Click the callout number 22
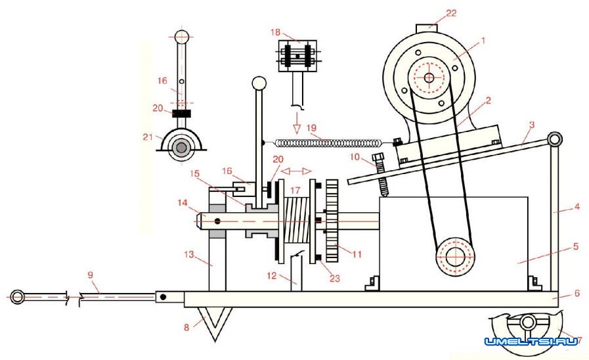[x=451, y=13]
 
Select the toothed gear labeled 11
[x=332, y=221]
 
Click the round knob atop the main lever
[x=259, y=83]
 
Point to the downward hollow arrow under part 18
[x=297, y=124]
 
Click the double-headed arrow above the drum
[x=296, y=171]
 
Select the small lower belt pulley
[x=455, y=257]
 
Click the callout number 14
[x=183, y=203]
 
